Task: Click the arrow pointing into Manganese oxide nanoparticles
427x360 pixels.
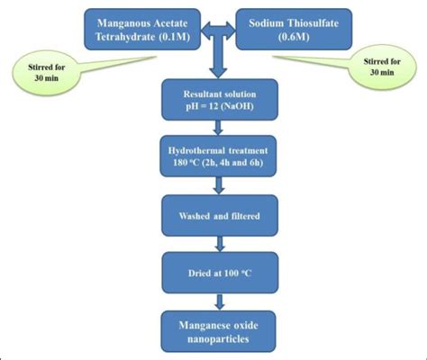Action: click(216, 294)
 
